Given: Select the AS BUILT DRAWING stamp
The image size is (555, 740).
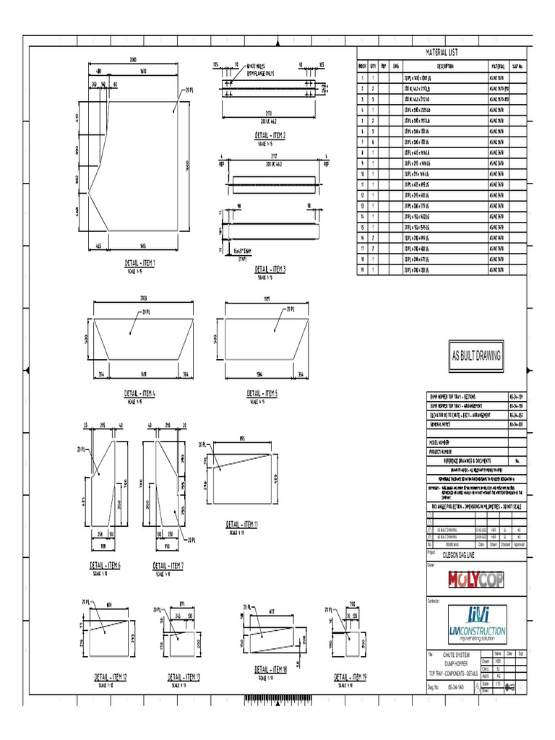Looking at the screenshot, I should coord(476,355).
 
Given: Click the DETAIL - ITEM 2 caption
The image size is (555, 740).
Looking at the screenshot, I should coord(270,135).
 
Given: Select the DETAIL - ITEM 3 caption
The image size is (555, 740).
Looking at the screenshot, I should coord(270,268).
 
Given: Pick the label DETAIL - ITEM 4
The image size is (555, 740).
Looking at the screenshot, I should coord(139,394).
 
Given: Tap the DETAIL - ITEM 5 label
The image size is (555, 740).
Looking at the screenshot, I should coord(262,394).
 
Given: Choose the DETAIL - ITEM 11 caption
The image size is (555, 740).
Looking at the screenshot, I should coord(242,524).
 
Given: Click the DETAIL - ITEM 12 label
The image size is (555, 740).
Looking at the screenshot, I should coord(111,677).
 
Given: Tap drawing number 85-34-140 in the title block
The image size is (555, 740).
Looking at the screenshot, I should coord(456,689).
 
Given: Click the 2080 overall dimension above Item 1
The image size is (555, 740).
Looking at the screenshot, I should coord(133,59).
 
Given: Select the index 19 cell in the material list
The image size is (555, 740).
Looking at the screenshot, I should coord(362,270).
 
